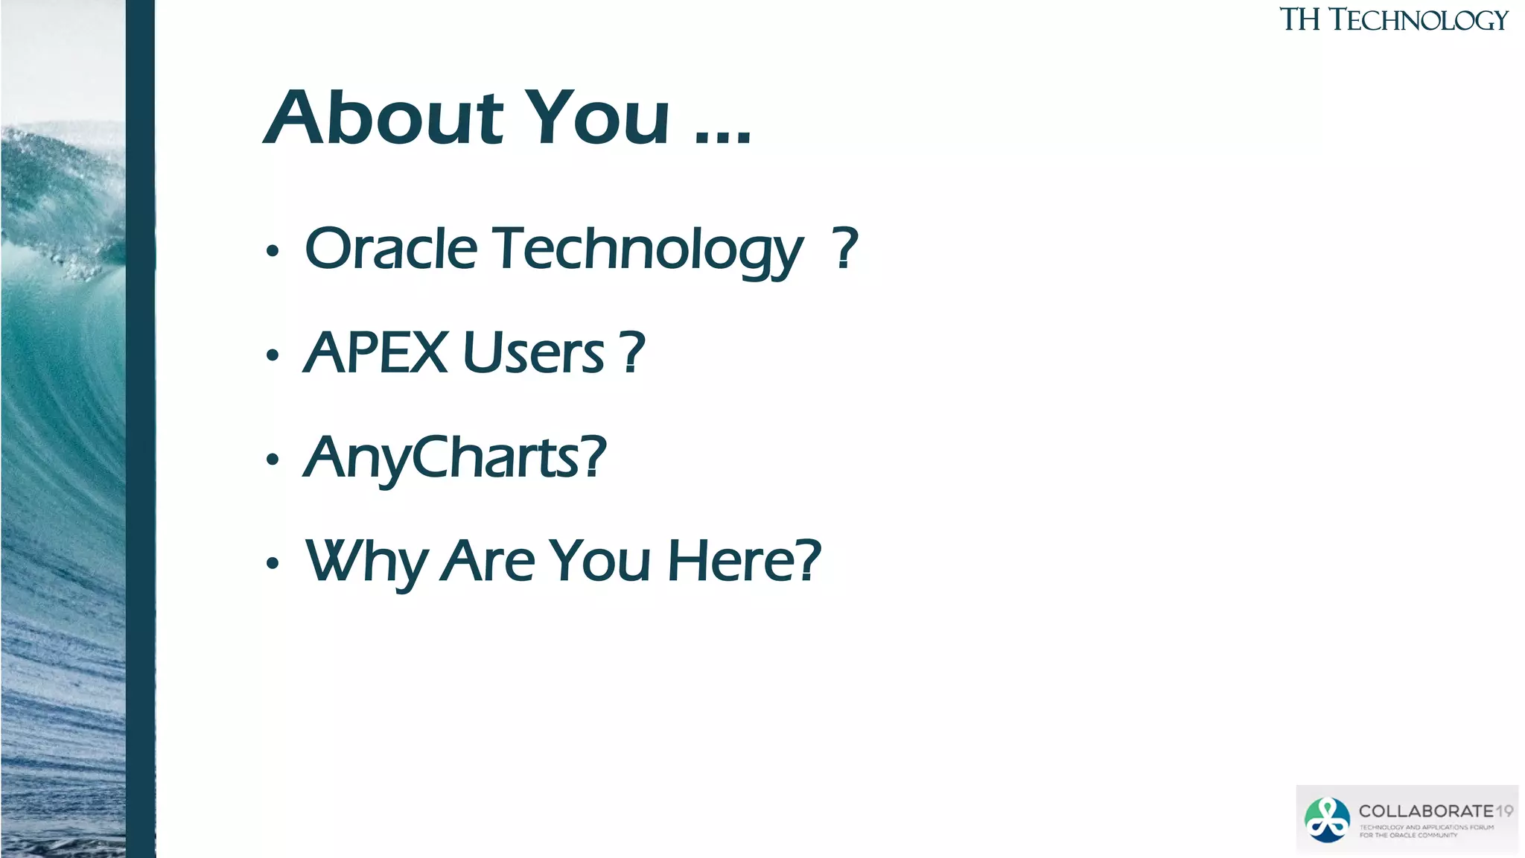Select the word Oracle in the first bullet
click(391, 249)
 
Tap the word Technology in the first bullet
click(648, 250)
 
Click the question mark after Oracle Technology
click(844, 249)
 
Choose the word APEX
click(376, 353)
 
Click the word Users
click(533, 353)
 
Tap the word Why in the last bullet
click(365, 562)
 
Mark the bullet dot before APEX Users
click(273, 356)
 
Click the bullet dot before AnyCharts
click(273, 460)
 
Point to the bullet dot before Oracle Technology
click(273, 252)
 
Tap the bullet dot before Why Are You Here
click(273, 564)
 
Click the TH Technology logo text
click(1393, 20)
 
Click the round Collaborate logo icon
click(1327, 819)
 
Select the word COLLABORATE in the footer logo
click(1425, 811)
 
